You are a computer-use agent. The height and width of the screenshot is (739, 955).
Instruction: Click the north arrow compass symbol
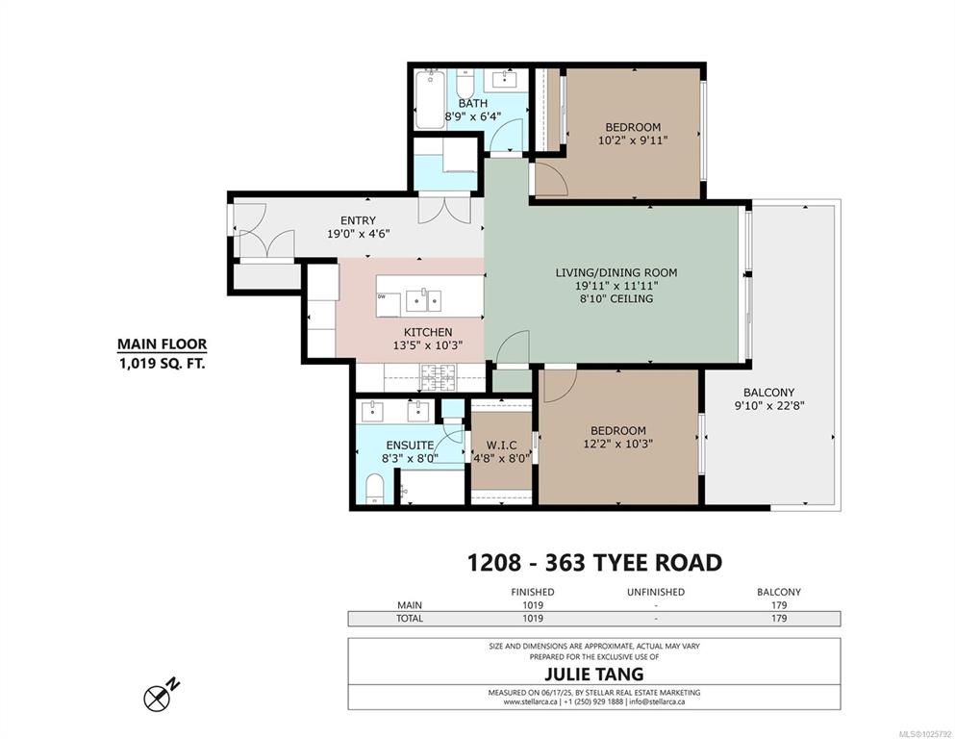pyautogui.click(x=158, y=698)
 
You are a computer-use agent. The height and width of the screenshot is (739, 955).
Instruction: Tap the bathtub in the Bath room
pyautogui.click(x=430, y=99)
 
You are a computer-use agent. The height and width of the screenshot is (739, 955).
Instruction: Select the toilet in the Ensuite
pyautogui.click(x=374, y=490)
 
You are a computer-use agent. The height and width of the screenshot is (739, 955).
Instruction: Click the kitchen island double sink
pyautogui.click(x=423, y=300)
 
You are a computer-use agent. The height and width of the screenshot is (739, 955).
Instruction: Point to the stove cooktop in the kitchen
pyautogui.click(x=438, y=378)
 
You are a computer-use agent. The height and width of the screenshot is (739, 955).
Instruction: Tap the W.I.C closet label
pyautogui.click(x=501, y=446)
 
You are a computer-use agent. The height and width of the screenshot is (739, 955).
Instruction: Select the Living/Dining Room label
pyautogui.click(x=616, y=272)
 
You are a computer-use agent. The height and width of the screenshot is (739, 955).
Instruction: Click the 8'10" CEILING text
pyautogui.click(x=616, y=298)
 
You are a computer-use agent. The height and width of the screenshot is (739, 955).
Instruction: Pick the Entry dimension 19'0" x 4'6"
pyautogui.click(x=358, y=233)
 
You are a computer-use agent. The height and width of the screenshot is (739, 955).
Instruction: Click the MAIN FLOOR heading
pyautogui.click(x=162, y=344)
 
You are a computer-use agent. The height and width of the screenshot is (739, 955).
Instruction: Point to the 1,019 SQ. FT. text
pyautogui.click(x=162, y=365)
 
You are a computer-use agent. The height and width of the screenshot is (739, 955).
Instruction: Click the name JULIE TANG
pyautogui.click(x=593, y=674)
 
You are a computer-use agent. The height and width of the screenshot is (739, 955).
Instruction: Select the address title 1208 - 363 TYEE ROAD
pyautogui.click(x=594, y=562)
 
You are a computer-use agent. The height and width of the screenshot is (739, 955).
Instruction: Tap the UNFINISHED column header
pyautogui.click(x=656, y=592)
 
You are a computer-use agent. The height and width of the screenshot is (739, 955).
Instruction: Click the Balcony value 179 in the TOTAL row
pyautogui.click(x=779, y=619)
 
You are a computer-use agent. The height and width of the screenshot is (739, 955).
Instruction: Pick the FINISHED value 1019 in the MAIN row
pyautogui.click(x=532, y=605)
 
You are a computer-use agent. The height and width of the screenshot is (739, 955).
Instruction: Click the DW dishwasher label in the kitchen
pyautogui.click(x=382, y=296)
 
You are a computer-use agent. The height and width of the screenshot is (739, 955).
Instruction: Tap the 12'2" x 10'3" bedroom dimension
pyautogui.click(x=617, y=444)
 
